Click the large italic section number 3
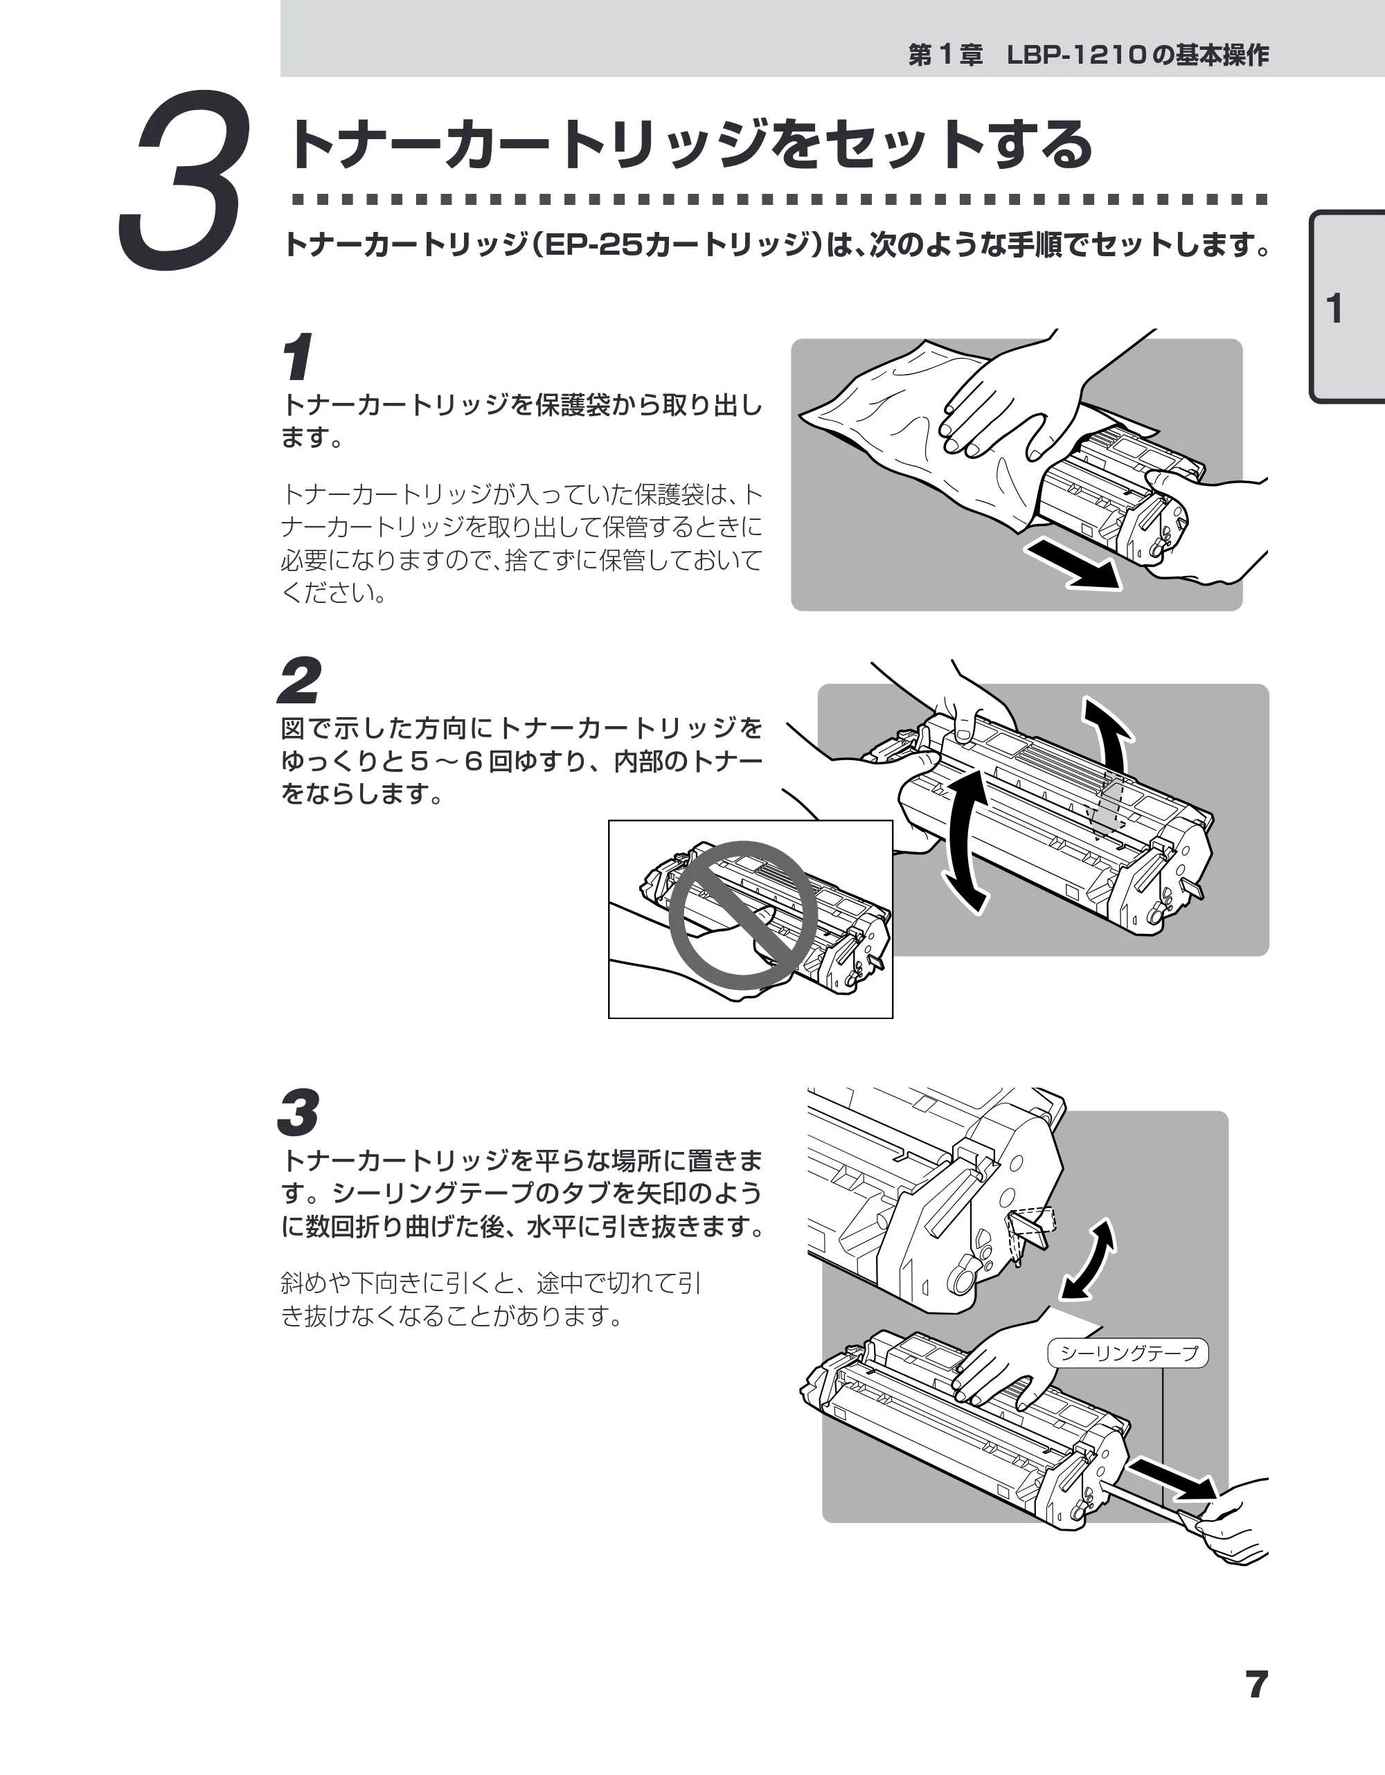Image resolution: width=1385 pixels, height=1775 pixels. point(183,179)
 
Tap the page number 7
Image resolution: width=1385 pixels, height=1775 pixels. point(1257,1684)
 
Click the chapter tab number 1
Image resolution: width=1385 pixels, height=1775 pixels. point(1334,309)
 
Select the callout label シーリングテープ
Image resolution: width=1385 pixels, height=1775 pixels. point(1129,1353)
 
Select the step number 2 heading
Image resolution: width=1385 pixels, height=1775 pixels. point(299,681)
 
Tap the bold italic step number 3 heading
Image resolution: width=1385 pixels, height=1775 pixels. point(298,1112)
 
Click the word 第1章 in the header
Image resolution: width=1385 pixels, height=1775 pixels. point(945,55)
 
